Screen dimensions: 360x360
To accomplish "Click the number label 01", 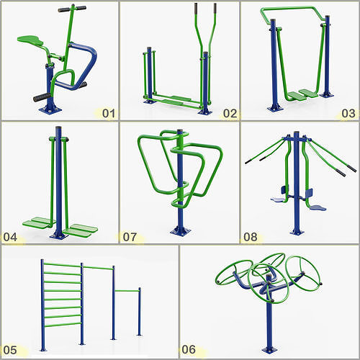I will pyautogui.click(x=109, y=112).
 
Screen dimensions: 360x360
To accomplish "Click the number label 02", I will pyautogui.click(x=230, y=113).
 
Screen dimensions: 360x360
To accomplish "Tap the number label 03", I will pyautogui.click(x=348, y=113).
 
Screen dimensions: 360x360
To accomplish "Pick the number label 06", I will pyautogui.click(x=189, y=350).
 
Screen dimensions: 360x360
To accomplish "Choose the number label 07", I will pyautogui.click(x=131, y=235).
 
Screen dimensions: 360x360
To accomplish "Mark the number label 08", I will pyautogui.click(x=251, y=235).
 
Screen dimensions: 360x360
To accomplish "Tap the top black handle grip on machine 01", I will pyautogui.click(x=71, y=9).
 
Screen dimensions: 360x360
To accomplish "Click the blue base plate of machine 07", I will pyautogui.click(x=180, y=231).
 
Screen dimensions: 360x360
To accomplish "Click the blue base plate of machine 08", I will pyautogui.click(x=296, y=232).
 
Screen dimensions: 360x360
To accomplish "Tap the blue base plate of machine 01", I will pyautogui.click(x=50, y=110).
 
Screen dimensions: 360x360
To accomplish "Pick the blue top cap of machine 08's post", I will pyautogui.click(x=296, y=134).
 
